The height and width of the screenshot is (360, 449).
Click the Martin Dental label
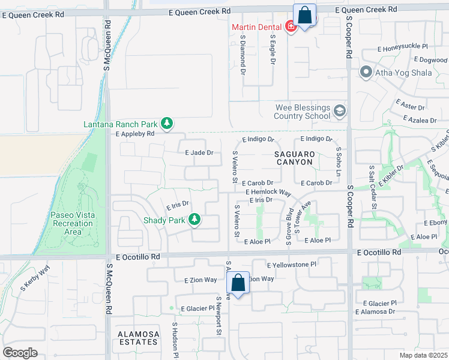point(258,27)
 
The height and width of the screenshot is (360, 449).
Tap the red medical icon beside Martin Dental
point(290,27)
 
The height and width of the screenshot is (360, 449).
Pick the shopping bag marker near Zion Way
point(239,283)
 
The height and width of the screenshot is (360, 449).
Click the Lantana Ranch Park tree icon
point(167,124)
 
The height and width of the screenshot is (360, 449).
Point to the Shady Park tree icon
point(194,220)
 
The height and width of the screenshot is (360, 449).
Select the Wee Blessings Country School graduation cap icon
point(340,111)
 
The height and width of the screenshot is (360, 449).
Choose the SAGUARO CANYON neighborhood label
point(294,158)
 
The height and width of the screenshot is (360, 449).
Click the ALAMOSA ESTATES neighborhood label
point(138,338)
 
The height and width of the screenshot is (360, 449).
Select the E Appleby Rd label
point(127,133)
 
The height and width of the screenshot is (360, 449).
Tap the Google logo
point(19,353)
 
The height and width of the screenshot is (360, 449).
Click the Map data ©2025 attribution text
point(423,355)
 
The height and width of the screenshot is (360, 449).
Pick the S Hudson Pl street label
point(175,340)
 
